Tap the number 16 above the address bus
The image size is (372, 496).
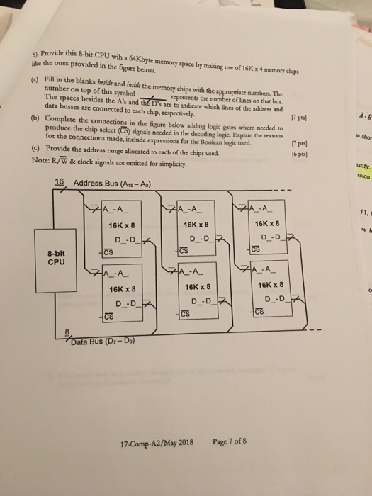[x=60, y=181]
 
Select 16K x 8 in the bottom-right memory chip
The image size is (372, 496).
[x=270, y=286]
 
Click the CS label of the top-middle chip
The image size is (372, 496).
[x=183, y=250]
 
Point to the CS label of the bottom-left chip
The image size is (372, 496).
[x=108, y=315]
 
